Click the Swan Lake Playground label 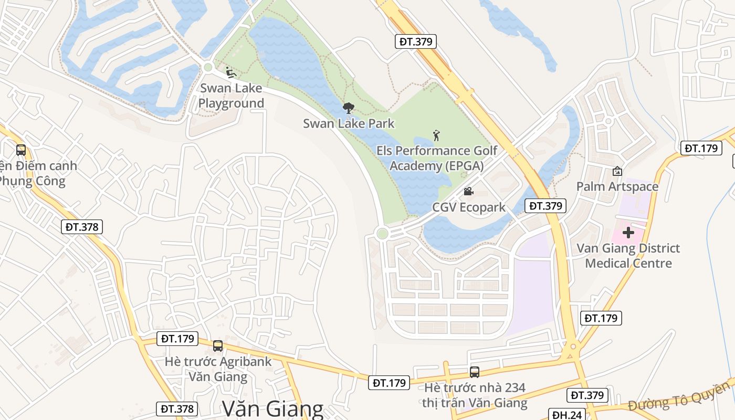(231, 96)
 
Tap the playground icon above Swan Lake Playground (230, 72)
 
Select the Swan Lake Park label (349, 123)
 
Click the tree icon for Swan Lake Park (348, 108)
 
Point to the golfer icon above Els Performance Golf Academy (436, 136)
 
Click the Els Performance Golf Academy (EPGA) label (436, 159)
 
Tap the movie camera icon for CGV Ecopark (468, 192)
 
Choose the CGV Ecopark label (469, 207)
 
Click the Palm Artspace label (617, 186)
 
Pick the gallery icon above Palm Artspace (617, 171)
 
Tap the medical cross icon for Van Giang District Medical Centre (628, 232)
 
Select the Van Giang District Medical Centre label (628, 255)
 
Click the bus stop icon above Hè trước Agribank (218, 346)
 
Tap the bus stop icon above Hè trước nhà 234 (475, 372)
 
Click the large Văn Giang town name (272, 409)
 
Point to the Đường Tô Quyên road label (679, 397)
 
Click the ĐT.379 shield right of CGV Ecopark (546, 206)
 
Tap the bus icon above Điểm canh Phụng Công (21, 150)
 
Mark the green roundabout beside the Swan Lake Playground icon (208, 67)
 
